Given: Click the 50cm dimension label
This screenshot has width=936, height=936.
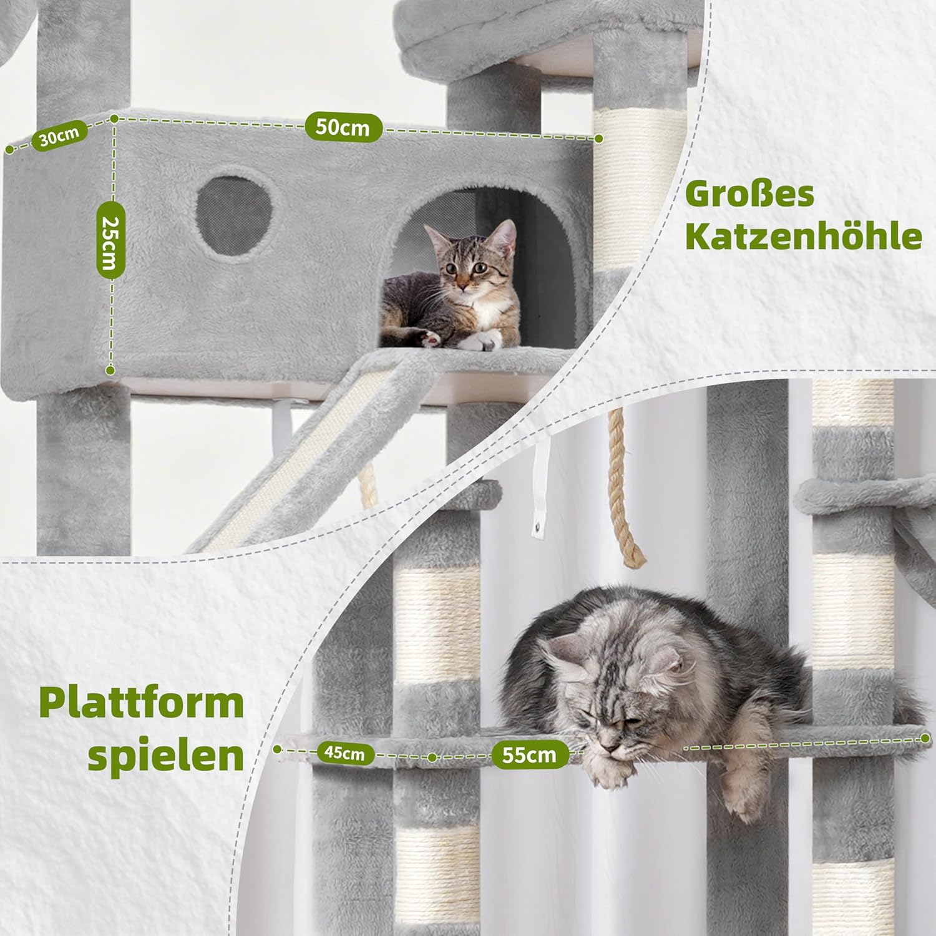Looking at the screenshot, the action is coord(343,127).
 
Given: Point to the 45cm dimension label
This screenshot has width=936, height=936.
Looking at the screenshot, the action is coord(344,753).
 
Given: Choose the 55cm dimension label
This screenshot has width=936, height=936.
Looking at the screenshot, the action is coord(529,754).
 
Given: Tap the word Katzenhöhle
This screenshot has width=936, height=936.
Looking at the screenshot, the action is coord(804,236).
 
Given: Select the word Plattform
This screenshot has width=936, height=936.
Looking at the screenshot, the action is coord(141,703).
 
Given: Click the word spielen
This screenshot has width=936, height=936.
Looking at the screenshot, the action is coord(165,757).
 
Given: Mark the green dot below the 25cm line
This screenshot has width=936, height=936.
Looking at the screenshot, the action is coord(110,370).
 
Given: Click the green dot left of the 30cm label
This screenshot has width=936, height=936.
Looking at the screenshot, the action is coord(9,149).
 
